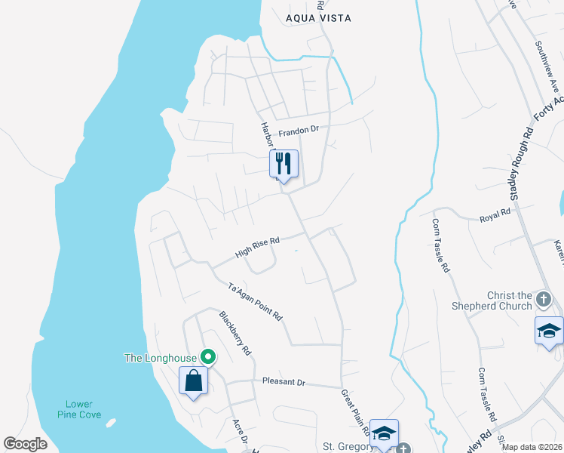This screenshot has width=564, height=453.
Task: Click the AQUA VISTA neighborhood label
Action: click(318, 18)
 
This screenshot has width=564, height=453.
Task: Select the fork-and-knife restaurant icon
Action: click(284, 163)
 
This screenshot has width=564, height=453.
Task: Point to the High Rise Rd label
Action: click(257, 246)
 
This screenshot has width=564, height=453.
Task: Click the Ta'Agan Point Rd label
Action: click(255, 302)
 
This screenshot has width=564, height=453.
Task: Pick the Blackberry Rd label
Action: click(235, 333)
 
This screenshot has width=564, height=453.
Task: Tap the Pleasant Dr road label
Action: click(284, 383)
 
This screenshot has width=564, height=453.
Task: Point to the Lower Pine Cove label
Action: click(78, 408)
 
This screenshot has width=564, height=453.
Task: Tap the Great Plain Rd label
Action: click(354, 412)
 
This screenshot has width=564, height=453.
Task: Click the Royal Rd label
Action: click(495, 217)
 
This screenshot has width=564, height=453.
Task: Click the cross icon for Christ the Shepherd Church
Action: click(543, 300)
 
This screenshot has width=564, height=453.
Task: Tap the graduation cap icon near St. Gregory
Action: click(385, 434)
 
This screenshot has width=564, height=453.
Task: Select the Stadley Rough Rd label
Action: click(521, 164)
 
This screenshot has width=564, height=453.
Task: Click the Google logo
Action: click(26, 444)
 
